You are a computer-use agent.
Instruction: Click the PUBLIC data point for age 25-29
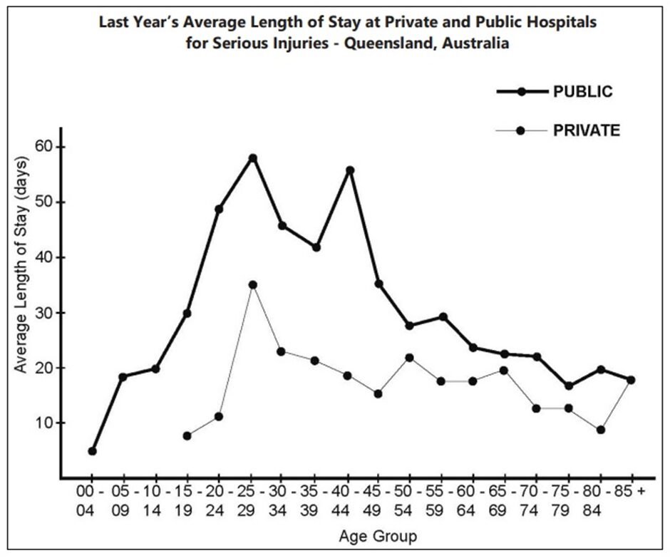click(252, 158)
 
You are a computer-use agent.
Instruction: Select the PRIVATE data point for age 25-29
click(252, 285)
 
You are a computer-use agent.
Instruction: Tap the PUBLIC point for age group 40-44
click(350, 170)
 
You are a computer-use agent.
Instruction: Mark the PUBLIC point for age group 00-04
click(92, 451)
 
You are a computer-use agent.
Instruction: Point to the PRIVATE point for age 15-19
click(187, 435)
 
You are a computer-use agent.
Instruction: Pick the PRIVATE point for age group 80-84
click(601, 430)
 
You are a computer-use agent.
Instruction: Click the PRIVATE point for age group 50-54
click(409, 358)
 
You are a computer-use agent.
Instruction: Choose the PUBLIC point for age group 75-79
click(568, 386)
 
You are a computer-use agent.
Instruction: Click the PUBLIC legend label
click(583, 92)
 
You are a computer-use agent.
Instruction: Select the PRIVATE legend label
click(587, 130)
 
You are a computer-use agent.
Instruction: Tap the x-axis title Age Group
click(379, 535)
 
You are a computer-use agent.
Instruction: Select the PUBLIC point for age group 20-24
click(219, 210)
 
